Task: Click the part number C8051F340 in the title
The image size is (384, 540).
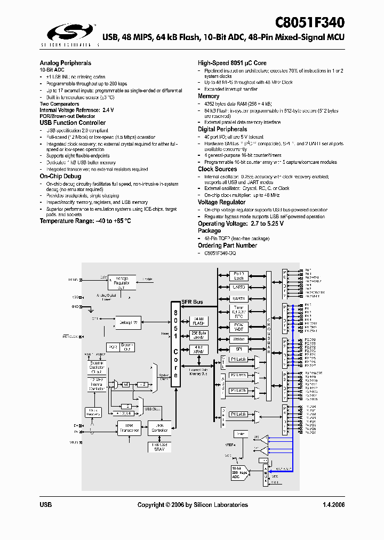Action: (x=310, y=22)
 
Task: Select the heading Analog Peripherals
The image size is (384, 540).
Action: (x=65, y=63)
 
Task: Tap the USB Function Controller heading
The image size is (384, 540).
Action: (x=73, y=123)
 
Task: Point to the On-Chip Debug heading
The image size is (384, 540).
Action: (x=60, y=176)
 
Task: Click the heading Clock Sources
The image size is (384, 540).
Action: (x=218, y=169)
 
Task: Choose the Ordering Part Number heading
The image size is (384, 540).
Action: (x=227, y=245)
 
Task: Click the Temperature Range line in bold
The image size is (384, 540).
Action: (x=85, y=221)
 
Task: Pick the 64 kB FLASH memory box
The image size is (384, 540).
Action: (x=197, y=321)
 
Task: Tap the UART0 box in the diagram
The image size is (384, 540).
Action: (x=239, y=287)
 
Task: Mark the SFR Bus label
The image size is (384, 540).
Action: (x=192, y=303)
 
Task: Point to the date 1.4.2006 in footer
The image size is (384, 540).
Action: (x=334, y=505)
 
